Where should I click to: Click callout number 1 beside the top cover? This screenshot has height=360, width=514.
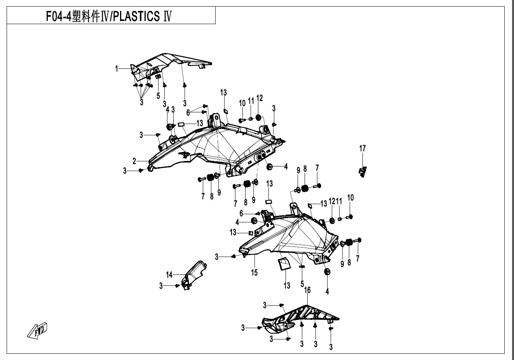point(116,69)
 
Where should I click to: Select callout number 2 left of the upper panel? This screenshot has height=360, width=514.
point(134,161)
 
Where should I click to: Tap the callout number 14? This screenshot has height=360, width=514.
point(169,275)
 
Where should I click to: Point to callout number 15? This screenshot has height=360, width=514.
point(254,273)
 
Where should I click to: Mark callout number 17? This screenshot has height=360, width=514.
point(362,148)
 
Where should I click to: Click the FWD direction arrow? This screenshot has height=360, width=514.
point(37,330)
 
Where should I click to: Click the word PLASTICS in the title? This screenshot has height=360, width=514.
point(136,17)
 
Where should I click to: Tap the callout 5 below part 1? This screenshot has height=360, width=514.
point(158,95)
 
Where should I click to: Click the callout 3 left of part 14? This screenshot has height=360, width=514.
point(161,286)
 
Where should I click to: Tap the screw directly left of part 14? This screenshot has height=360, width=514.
point(178,286)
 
